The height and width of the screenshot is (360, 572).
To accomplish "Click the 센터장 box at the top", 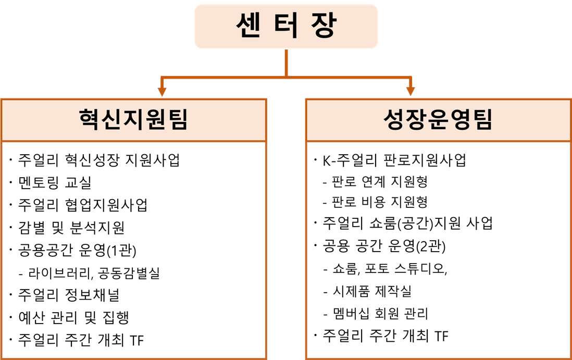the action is click(286, 26).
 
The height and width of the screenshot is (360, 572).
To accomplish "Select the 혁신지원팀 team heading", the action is click(133, 120).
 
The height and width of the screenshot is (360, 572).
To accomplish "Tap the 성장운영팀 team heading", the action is click(438, 120).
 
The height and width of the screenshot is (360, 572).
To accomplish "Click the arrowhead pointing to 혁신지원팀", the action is click(163, 91).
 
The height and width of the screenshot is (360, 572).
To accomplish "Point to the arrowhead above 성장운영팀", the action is click(411, 91).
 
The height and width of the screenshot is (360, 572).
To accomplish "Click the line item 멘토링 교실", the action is click(55, 182).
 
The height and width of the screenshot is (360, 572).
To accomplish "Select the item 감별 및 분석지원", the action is click(71, 227).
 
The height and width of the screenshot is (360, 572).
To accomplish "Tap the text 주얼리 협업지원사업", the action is click(83, 205).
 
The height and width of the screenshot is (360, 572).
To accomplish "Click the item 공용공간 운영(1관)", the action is click(77, 250).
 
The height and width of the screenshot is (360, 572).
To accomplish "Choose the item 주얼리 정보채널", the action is click(69, 295).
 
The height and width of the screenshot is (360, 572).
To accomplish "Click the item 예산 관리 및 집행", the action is click(73, 318).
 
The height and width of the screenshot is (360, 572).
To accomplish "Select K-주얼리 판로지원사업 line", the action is click(394, 160).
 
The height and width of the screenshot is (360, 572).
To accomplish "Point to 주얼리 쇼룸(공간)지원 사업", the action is click(407, 223).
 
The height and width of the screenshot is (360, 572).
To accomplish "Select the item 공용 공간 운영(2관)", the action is click(384, 246).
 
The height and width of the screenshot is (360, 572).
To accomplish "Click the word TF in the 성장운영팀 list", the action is click(441, 336).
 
